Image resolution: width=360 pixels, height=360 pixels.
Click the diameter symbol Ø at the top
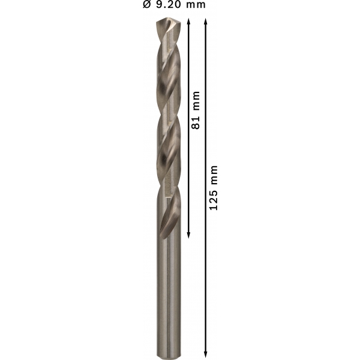tap(147, 4)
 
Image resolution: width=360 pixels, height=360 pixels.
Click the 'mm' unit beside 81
tap(196, 101)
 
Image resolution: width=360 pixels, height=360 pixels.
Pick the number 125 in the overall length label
tap(214, 200)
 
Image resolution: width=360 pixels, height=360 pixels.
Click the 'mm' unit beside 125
tap(214, 175)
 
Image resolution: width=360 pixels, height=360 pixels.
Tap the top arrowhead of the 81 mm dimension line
tap(188, 22)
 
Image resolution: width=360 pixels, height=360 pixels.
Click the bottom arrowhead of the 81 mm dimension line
tap(188, 235)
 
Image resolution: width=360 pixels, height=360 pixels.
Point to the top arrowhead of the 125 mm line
tap(205, 22)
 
